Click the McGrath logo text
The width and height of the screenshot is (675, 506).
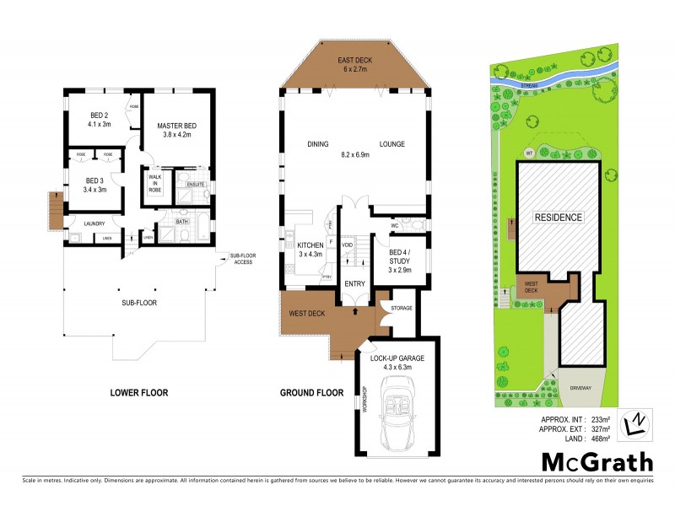pos(597,461)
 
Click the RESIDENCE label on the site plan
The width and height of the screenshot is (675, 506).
pos(558,218)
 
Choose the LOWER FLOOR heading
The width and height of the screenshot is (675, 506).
pos(139,393)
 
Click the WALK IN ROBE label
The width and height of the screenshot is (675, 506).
pos(155,184)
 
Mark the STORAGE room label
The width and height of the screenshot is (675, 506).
pos(401,308)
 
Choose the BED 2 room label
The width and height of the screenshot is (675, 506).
pos(100,120)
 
